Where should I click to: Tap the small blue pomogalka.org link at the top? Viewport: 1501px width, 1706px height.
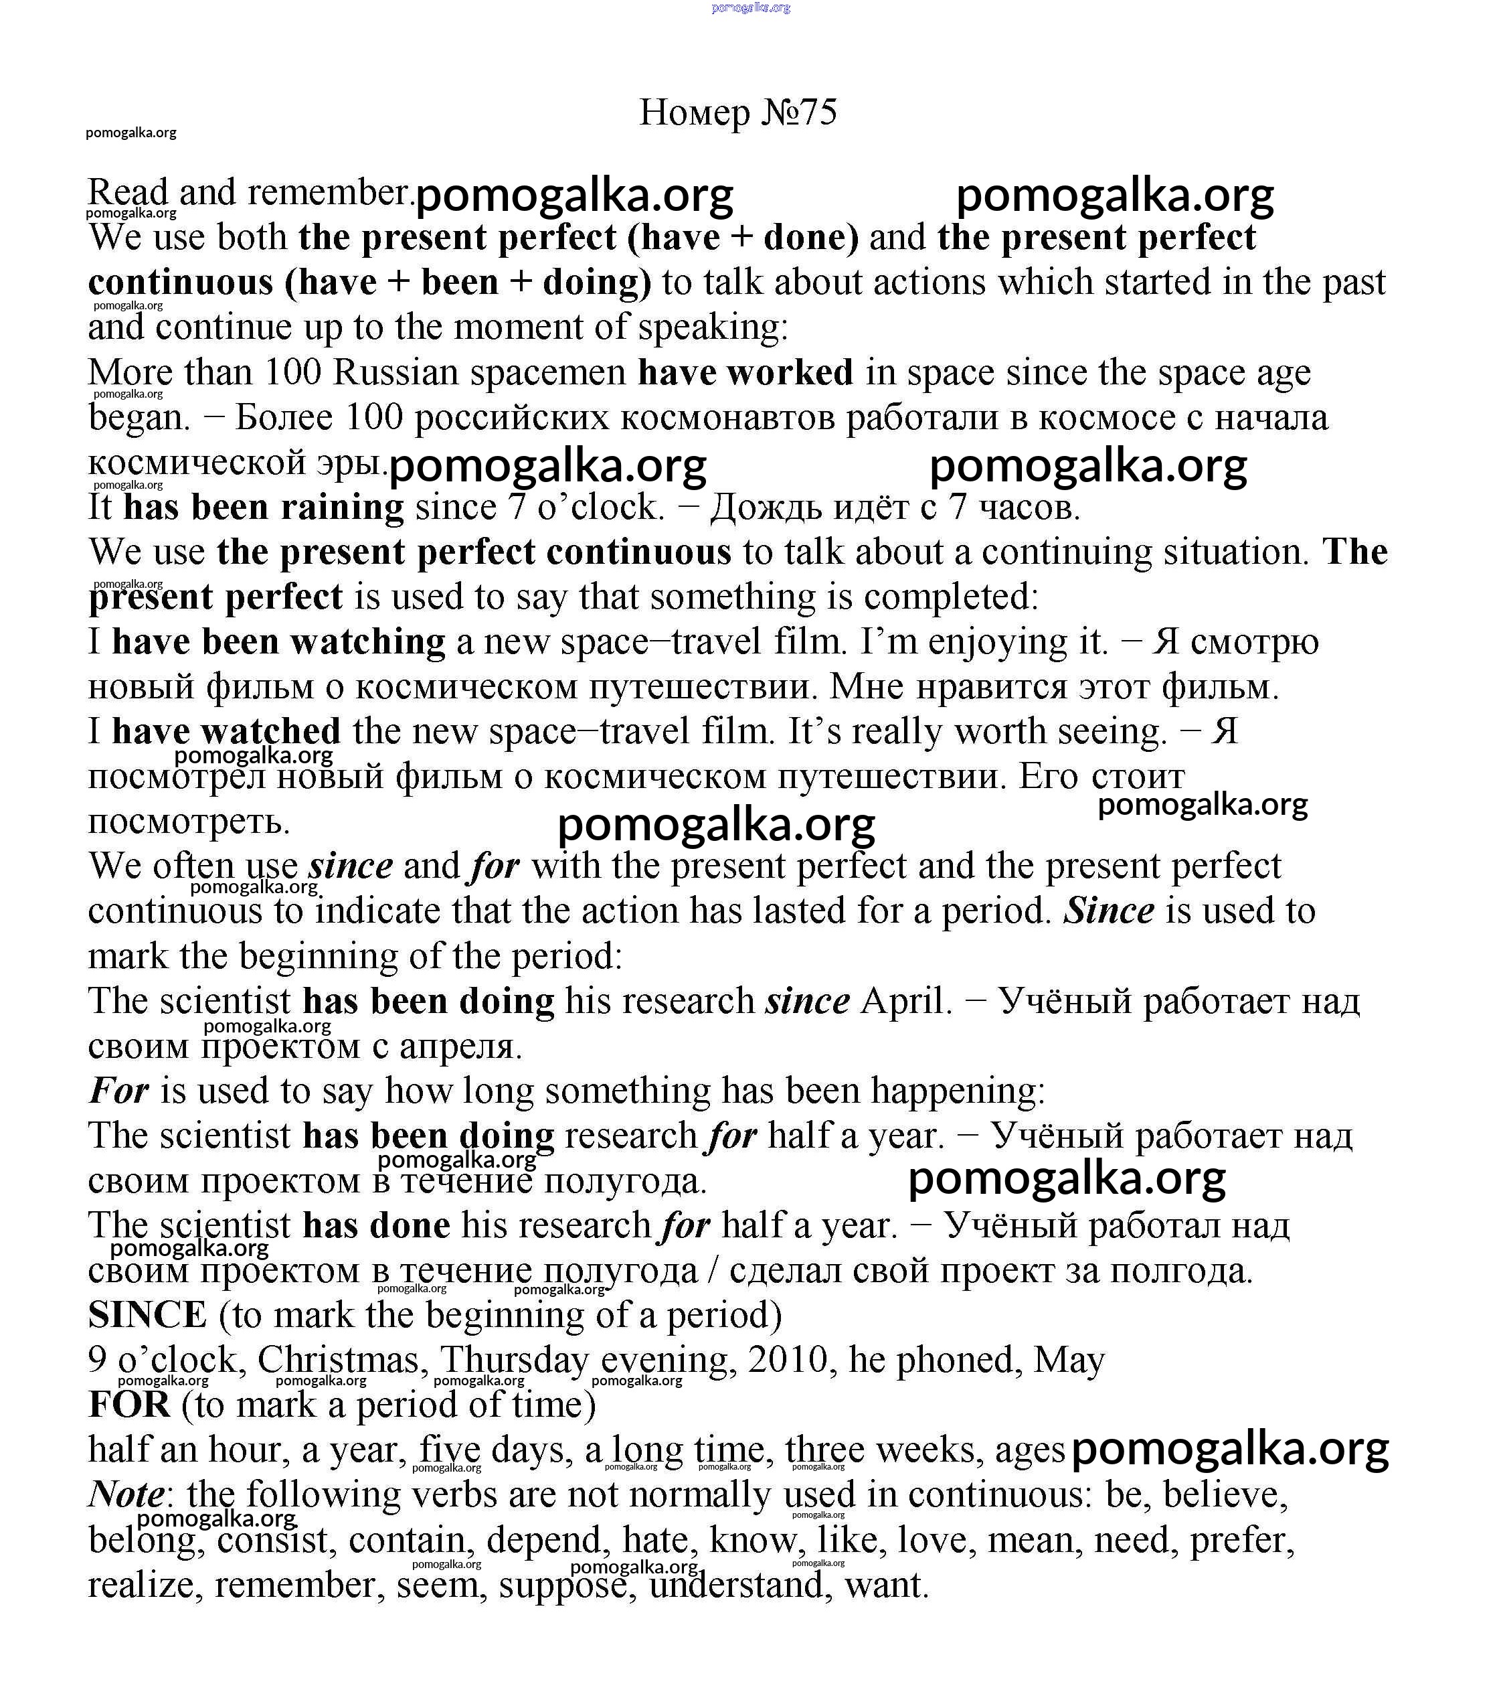click(x=750, y=7)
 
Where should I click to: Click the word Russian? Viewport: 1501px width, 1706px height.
click(x=395, y=372)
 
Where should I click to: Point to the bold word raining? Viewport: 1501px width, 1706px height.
click(x=342, y=508)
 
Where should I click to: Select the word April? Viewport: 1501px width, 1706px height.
click(x=905, y=1001)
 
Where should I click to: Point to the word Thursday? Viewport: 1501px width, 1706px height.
click(x=514, y=1361)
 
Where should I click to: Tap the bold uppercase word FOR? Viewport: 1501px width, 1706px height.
click(x=129, y=1405)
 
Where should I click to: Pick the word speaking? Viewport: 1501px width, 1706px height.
click(x=713, y=327)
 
